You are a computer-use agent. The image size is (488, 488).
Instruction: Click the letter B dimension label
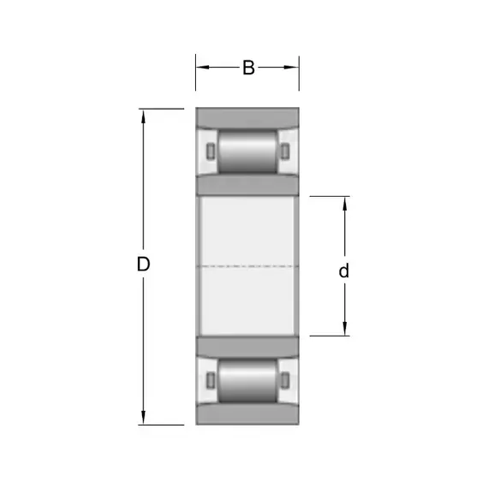248,68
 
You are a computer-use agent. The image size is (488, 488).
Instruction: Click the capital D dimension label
144,264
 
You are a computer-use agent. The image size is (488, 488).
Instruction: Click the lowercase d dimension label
344,271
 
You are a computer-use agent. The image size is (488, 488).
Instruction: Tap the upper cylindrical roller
247,152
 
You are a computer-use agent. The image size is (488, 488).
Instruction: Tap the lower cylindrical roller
247,380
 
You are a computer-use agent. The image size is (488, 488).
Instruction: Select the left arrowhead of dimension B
202,67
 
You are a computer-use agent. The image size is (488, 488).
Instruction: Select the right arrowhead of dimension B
292,67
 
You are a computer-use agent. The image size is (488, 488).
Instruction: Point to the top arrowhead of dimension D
143,116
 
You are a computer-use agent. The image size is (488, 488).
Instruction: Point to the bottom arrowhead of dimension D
143,418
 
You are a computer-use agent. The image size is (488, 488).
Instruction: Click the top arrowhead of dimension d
344,204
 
